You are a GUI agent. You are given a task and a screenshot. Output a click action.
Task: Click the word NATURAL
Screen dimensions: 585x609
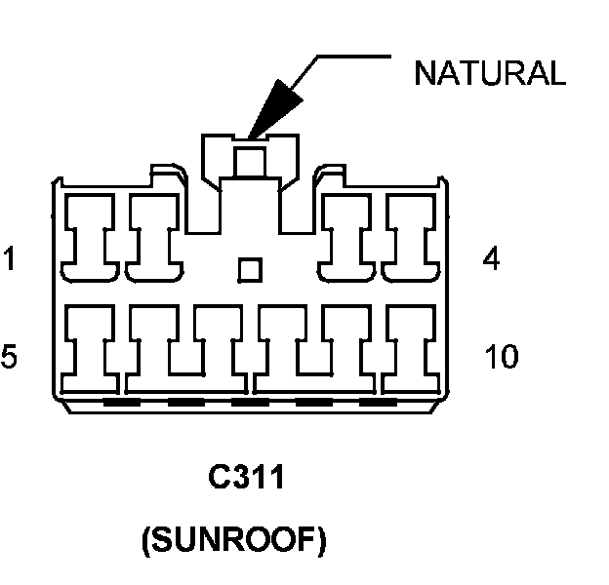pos(489,74)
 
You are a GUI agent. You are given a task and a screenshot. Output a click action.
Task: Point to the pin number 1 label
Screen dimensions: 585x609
pos(9,260)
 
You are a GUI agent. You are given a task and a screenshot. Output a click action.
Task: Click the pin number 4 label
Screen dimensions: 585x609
pos(491,260)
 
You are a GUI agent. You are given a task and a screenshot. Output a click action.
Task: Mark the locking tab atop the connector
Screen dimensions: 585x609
pos(250,156)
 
